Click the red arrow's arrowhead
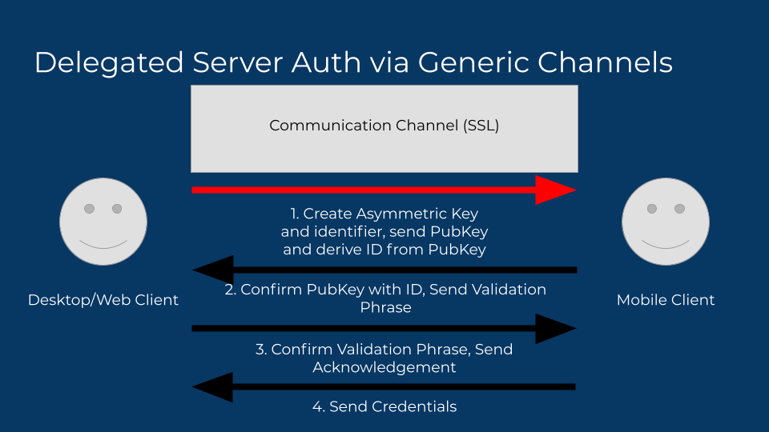555,190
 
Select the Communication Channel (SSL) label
384,126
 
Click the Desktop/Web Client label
103,300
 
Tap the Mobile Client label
666,300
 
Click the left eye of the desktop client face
90,209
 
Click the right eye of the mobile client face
680,209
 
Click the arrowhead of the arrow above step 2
213,270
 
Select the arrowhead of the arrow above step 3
555,328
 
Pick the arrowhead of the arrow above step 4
213,387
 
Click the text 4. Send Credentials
384,406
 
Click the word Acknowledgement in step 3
384,367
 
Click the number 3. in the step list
261,349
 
